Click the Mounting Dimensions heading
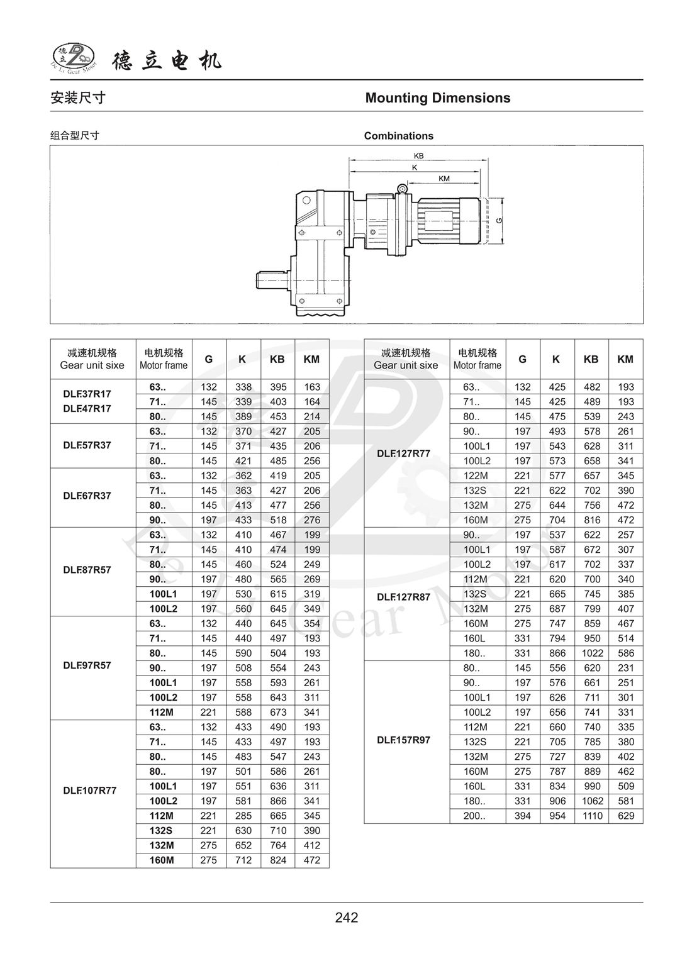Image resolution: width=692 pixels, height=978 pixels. point(437,98)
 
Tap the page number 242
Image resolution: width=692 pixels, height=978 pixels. point(346,918)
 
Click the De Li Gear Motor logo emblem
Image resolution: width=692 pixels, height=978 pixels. point(72,57)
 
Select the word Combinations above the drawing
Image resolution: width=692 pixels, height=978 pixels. point(398,136)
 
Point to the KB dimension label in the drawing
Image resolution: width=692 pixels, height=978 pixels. point(418,155)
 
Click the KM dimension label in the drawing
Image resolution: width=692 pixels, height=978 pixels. point(444,179)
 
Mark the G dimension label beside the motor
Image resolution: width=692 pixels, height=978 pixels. point(498,221)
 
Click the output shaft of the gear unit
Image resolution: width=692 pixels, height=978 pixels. point(271,278)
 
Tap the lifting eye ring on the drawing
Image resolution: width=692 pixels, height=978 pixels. point(402,188)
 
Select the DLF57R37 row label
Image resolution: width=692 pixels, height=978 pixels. point(87,445)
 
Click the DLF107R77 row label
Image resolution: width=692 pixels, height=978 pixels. point(89,791)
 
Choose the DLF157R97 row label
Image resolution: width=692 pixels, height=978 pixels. point(403,740)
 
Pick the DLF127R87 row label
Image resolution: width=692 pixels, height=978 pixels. point(403,597)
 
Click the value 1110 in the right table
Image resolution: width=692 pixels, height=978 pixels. point(592,816)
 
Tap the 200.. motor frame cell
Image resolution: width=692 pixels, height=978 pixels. point(474,816)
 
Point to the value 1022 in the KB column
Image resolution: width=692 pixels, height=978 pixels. point(592,653)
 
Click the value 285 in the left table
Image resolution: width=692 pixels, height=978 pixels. point(243,816)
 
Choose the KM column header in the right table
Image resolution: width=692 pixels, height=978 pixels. point(625,359)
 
